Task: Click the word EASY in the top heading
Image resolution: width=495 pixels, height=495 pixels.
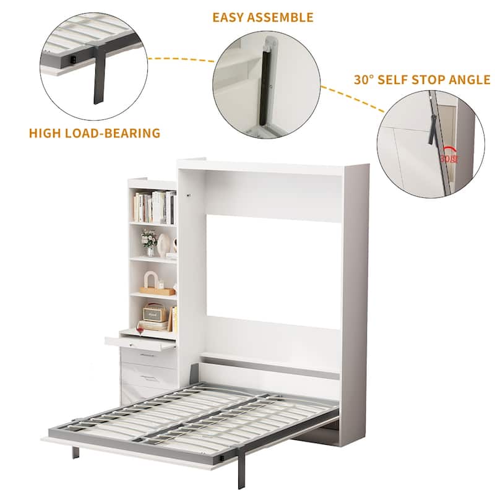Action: (230, 17)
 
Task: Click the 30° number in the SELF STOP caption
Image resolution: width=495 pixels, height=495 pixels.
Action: (364, 80)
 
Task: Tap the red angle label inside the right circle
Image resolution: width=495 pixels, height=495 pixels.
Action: (448, 158)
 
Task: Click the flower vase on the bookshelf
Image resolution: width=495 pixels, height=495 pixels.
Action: (148, 242)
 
